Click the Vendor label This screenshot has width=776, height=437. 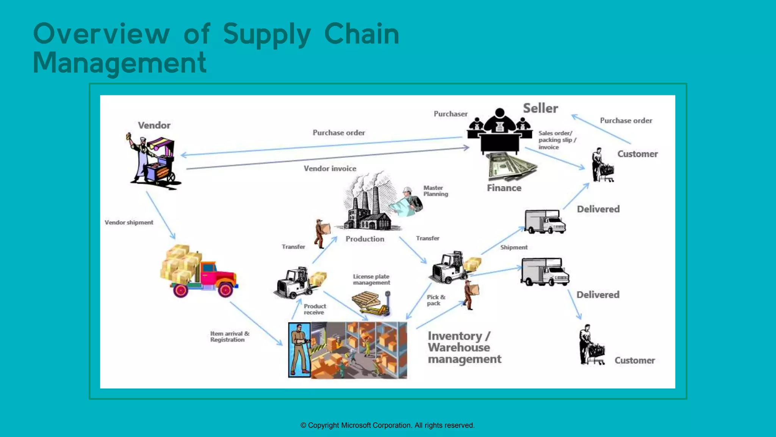154,125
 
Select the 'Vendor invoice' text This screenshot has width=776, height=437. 330,168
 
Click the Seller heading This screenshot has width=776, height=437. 540,108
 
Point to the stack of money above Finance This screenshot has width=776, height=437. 512,167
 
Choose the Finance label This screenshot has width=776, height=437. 504,188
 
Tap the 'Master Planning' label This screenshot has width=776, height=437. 435,191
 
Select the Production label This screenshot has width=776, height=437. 365,239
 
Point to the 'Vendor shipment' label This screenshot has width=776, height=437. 129,222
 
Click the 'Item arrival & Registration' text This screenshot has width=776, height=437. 229,336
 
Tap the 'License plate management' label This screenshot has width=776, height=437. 371,280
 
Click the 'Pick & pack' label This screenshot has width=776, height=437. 436,300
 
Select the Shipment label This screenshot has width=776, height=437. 514,247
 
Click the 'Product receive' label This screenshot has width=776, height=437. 314,309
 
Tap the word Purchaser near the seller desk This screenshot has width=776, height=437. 451,114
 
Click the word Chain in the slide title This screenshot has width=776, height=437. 361,34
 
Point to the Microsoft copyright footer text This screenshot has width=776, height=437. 387,425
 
